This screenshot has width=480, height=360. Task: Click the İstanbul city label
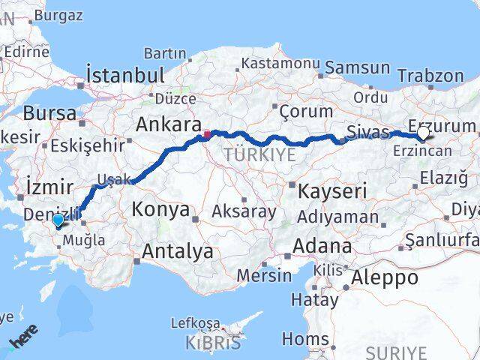click(125, 75)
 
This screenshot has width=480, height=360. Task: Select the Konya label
click(160, 209)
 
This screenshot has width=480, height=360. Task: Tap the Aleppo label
click(385, 277)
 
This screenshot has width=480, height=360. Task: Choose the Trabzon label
click(430, 76)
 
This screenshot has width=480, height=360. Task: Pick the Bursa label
click(49, 114)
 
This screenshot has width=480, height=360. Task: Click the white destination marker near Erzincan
click(424, 133)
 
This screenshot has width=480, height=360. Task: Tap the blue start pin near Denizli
click(58, 220)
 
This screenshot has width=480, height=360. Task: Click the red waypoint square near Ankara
click(206, 136)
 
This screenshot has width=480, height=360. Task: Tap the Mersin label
click(264, 275)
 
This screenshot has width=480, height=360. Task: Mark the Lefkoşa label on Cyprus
click(196, 323)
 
